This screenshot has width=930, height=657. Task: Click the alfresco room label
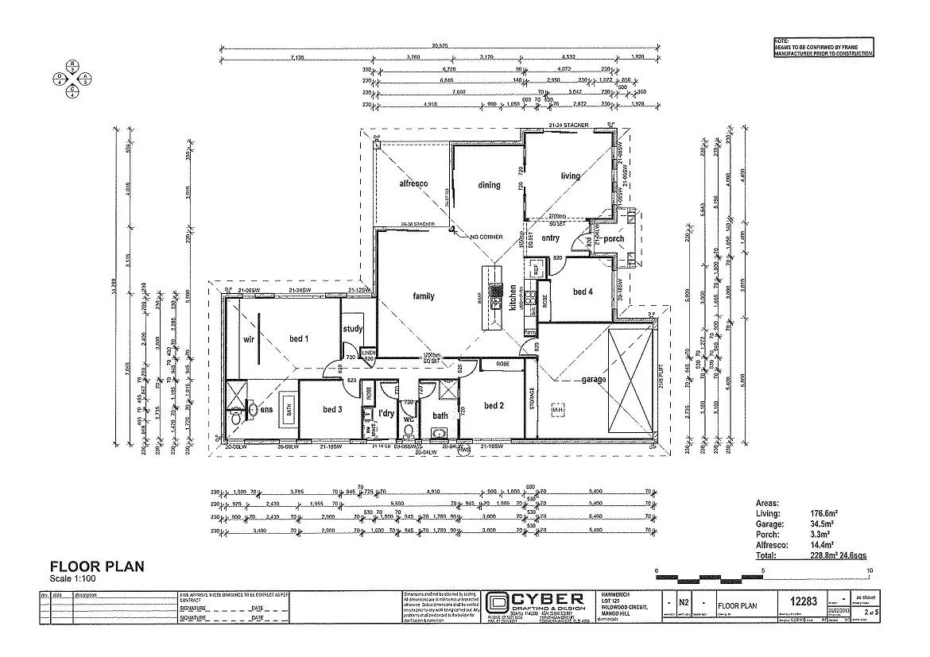[413, 184]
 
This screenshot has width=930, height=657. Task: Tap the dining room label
[489, 185]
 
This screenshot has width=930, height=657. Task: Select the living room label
[571, 176]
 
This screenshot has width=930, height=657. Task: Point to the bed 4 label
[583, 292]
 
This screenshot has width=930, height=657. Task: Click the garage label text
[594, 380]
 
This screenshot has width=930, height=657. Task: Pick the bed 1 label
[299, 340]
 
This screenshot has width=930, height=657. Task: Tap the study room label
[353, 329]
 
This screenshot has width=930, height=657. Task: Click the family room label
[424, 296]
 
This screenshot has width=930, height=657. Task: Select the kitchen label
[514, 296]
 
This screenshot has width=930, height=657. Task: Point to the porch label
[614, 238]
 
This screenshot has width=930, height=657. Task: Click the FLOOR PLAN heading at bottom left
[97, 566]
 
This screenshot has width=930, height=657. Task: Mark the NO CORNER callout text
[486, 237]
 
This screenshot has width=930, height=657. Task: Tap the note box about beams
[823, 47]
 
